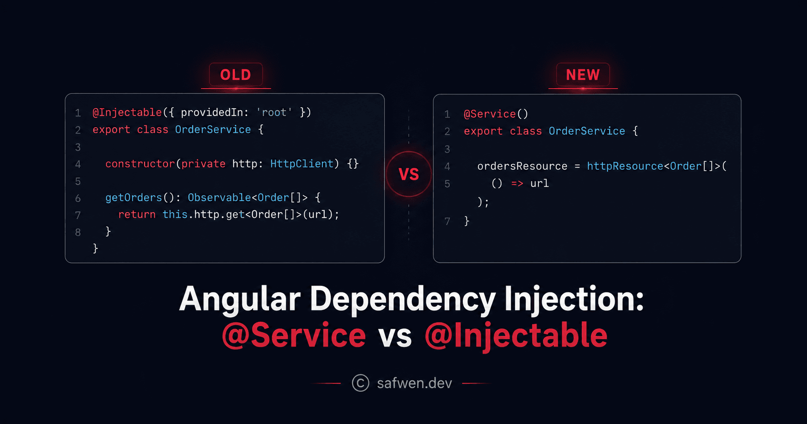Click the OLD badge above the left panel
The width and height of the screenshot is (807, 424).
pos(236,75)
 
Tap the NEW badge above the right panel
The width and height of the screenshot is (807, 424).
pos(583,75)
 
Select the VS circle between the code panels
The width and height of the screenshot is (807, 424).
pos(409,174)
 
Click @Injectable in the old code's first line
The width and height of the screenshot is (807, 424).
pos(127,113)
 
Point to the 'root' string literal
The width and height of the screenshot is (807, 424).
pos(274,112)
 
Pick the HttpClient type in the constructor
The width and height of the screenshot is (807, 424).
pos(302,164)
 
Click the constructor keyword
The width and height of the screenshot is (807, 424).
pos(140,164)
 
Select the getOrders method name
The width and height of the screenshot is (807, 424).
pos(133,198)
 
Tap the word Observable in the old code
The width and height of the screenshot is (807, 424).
pos(219,198)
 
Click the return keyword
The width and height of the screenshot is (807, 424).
pos(137,215)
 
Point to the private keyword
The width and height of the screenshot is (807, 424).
pos(203,164)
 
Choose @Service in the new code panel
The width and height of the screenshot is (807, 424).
pos(490,114)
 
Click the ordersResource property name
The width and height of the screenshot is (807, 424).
pos(522,167)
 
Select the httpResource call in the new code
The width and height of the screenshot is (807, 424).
pos(625,166)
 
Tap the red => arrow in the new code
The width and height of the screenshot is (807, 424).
pos(517,184)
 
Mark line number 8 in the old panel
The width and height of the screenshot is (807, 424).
pos(78,232)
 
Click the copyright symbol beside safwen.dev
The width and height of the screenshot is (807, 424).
pos(361,383)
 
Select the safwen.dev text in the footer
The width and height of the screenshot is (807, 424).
pos(415,383)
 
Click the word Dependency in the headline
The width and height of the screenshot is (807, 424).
pos(403,300)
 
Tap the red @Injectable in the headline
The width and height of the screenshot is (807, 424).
pos(516,336)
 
